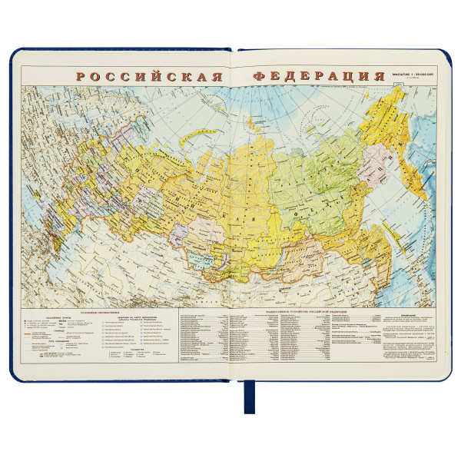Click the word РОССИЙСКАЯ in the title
[148, 78]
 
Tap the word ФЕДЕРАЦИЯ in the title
[318, 78]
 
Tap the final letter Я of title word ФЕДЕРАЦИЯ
[378, 78]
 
